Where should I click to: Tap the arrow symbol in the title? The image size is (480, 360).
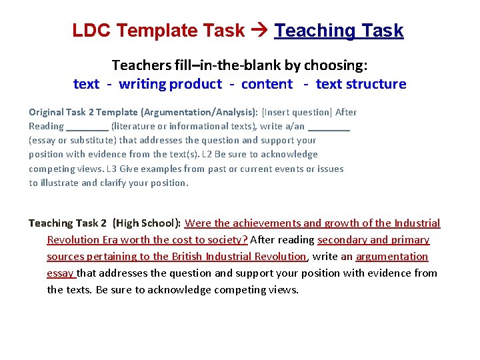click(260, 31)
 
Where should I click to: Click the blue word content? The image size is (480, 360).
click(267, 84)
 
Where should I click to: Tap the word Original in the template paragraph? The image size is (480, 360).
click(46, 112)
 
